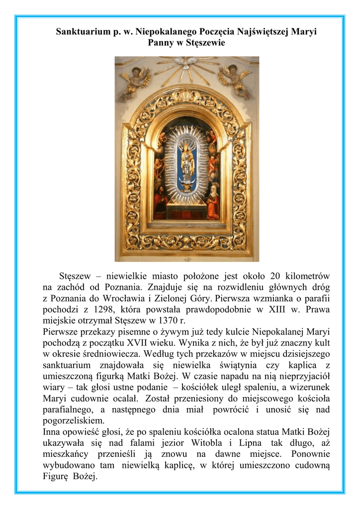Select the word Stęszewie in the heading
pos(205,43)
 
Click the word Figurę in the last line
pos(55,477)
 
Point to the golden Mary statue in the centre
pos(187,162)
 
